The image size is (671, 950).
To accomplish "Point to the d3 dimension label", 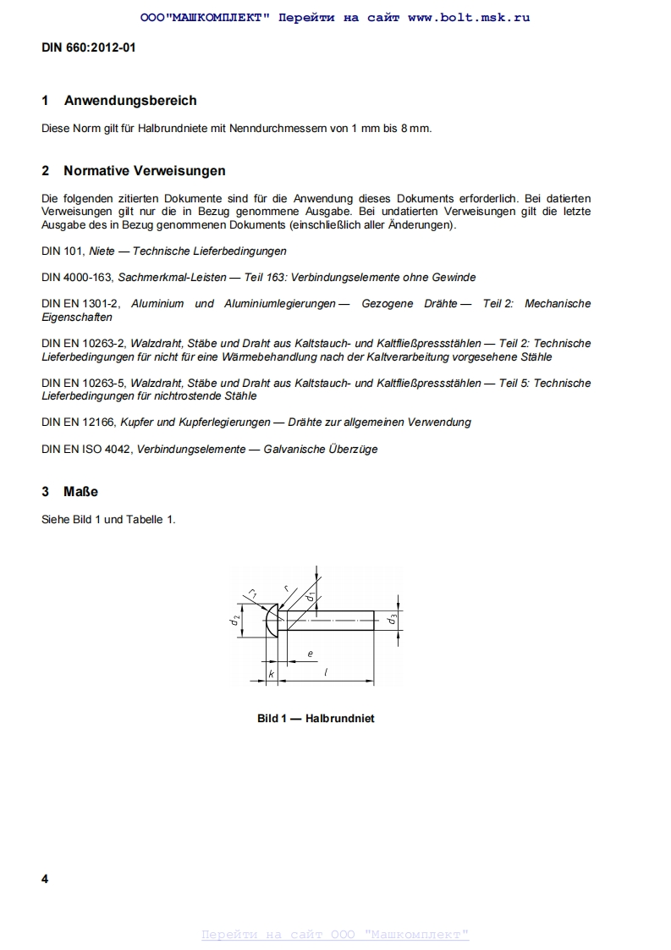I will pos(392,620).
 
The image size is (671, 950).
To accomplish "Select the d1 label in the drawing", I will pos(311,598).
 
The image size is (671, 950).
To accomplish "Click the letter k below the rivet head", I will pos(271,674).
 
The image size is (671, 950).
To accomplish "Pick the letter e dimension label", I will pos(310,653).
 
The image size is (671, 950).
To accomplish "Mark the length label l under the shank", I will pos(327,673).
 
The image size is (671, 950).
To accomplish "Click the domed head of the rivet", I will pos(272,621).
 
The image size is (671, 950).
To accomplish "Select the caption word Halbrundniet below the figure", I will pos(339,719).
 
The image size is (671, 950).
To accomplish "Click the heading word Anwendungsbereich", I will pos(130,101).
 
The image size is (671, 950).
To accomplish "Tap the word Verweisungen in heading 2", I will pos(183,171).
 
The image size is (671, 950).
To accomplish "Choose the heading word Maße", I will pos(81,492).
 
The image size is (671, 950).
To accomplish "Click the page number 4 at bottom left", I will pos(45,879).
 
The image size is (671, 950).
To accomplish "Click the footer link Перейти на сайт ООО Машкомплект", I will pos(335,935).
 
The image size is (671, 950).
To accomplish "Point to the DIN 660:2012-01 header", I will pos(89,47).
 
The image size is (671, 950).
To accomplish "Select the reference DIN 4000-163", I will pos(77,277).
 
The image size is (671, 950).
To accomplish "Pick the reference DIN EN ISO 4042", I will pos(86,449).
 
